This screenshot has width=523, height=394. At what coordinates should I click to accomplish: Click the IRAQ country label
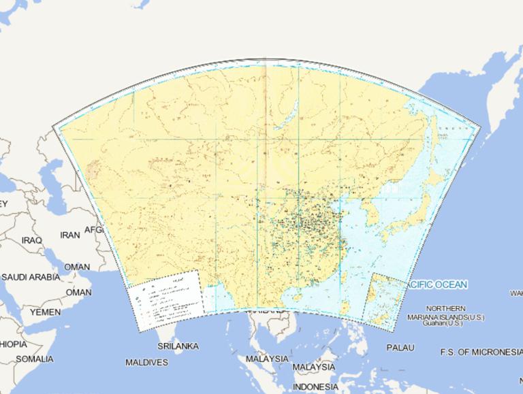31,240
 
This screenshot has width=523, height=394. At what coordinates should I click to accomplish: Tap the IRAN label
69,234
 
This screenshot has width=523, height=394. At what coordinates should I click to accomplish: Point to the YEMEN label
45,312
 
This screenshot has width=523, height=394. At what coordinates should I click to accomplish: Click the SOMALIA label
34,359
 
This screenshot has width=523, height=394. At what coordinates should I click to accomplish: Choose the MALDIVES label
146,363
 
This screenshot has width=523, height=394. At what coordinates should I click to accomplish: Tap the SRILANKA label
178,346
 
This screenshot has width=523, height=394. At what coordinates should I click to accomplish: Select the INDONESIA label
315,387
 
